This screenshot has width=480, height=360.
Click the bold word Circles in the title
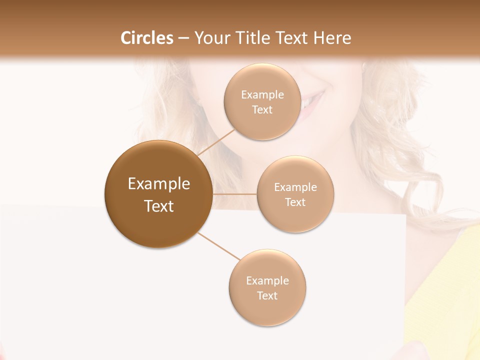point(146,38)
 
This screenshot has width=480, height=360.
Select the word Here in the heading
point(332,38)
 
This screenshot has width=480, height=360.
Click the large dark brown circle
point(158,194)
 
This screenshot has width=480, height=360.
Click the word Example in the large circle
point(158,184)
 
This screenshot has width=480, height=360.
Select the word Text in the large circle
point(158,206)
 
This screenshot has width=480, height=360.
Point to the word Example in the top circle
point(262,94)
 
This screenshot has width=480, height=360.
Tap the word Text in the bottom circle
point(267,296)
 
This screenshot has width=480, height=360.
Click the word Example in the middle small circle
point(295,187)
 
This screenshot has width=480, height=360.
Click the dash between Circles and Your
point(183,38)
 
